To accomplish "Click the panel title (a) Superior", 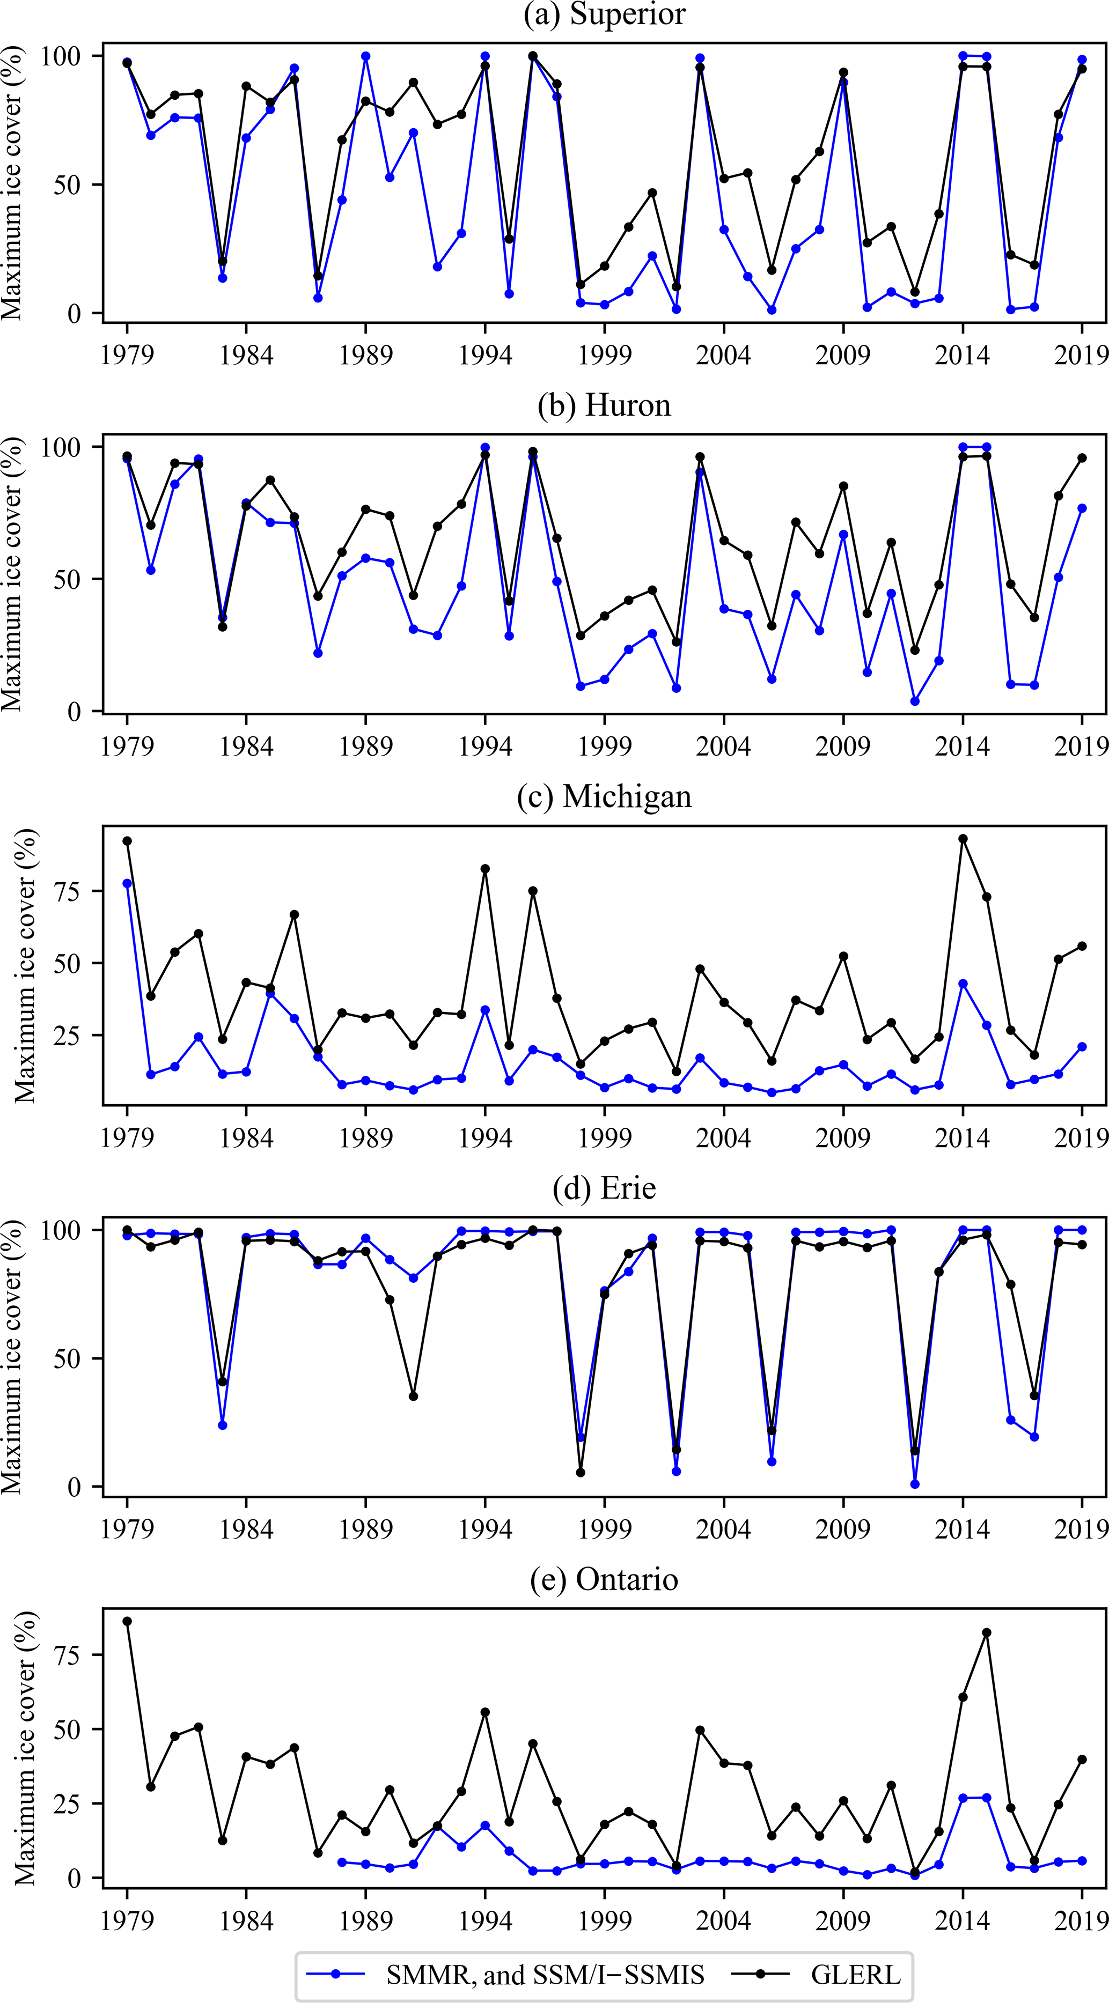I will coord(604,15).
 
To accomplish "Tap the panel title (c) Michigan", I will coord(604,797).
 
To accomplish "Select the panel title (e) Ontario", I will coord(604,1579).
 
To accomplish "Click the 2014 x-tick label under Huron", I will coord(963,746).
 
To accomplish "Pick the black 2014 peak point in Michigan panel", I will coord(963,839).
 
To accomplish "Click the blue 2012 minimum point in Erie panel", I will coord(915,1484).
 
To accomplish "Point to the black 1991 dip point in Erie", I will coord(413,1396).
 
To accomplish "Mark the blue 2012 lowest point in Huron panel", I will coord(915,701).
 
